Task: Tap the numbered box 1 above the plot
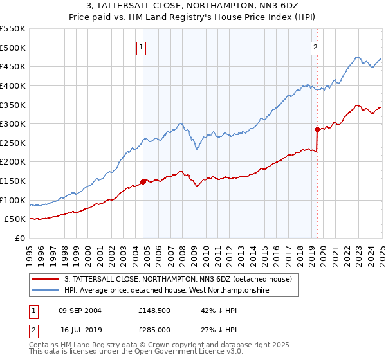coord(141,46)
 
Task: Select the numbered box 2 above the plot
coord(316,46)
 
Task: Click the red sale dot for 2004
coord(143,181)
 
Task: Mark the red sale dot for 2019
coord(317,129)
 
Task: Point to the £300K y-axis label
coord(14,123)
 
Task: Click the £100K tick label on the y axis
coord(14,200)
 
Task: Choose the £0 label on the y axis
coord(20,238)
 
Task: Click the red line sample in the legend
coord(46,280)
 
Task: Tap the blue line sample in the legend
coord(46,291)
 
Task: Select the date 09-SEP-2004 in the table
coord(80,310)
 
